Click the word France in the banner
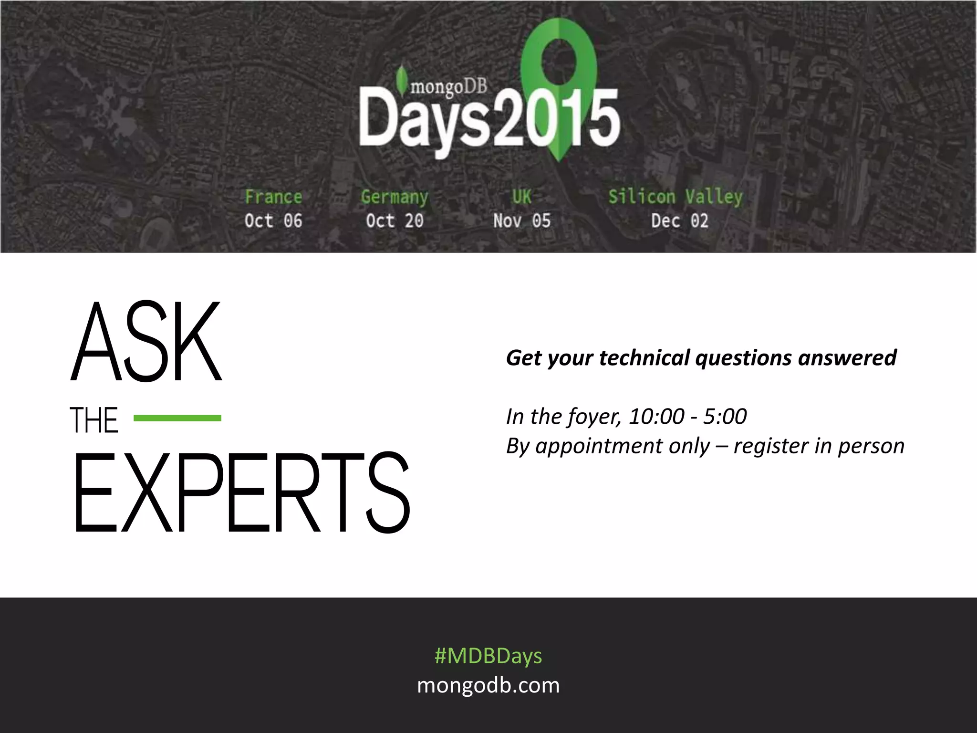tap(273, 197)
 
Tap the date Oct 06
tap(273, 220)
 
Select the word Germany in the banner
tap(395, 197)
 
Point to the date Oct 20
tap(395, 220)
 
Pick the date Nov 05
tap(522, 220)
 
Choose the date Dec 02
tap(680, 220)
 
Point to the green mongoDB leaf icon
tap(402, 79)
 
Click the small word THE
tap(94, 420)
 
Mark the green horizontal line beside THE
tap(177, 418)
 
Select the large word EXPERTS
tap(241, 492)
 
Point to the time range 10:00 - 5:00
tap(687, 416)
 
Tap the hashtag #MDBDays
tap(488, 656)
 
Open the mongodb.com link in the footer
tap(488, 685)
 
